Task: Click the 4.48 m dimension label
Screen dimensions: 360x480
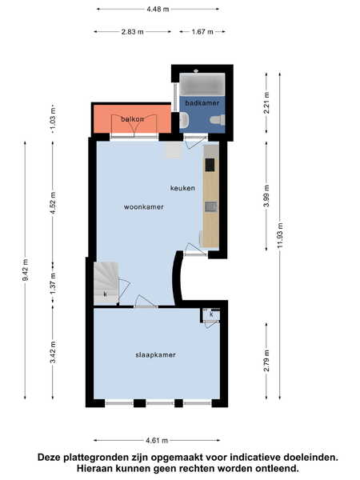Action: click(x=158, y=9)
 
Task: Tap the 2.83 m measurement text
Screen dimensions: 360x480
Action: click(x=133, y=31)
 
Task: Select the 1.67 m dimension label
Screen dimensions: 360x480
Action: click(x=202, y=31)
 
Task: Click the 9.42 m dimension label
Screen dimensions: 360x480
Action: click(x=26, y=270)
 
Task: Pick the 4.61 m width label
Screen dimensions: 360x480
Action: click(x=157, y=441)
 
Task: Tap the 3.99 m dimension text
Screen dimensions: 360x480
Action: click(x=266, y=196)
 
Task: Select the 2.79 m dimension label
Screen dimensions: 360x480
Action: click(x=266, y=360)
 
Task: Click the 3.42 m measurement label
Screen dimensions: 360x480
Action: click(x=54, y=352)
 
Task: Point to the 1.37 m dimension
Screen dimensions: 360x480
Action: click(x=54, y=283)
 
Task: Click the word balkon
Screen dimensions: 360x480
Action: click(x=132, y=119)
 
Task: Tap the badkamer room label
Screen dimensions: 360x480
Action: click(x=202, y=103)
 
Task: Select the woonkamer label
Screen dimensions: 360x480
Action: click(x=143, y=207)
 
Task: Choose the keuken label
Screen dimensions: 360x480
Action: click(x=182, y=188)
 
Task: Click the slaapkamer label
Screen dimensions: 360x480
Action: click(x=155, y=354)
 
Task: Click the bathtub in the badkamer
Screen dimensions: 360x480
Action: click(x=202, y=84)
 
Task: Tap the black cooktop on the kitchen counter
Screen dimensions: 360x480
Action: click(x=210, y=165)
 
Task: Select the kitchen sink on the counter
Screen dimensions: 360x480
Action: click(x=211, y=207)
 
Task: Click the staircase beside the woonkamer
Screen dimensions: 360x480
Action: click(x=106, y=283)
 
